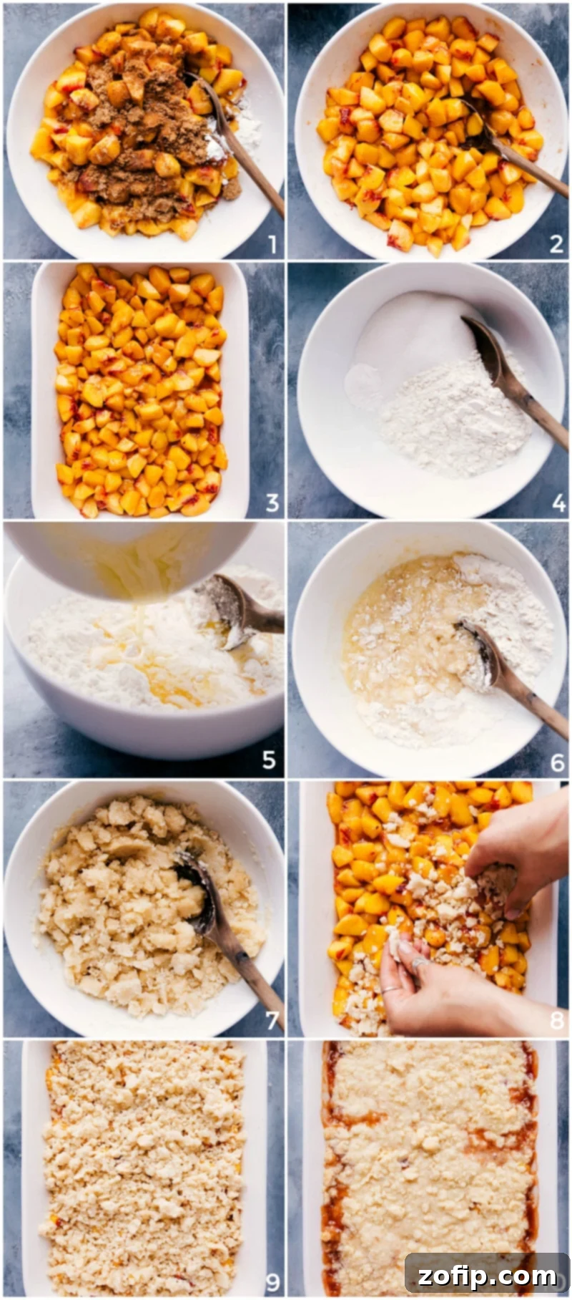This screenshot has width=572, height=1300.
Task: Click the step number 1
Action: [x=272, y=245]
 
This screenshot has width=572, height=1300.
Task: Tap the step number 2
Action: [x=556, y=245]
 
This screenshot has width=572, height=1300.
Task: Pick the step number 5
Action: [x=269, y=760]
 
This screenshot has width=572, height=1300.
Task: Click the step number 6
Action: [x=558, y=762]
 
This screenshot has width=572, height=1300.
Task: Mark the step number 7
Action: [x=272, y=1019]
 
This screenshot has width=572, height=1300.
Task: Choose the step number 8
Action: [x=557, y=1019]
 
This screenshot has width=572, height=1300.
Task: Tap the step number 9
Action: [x=272, y=1280]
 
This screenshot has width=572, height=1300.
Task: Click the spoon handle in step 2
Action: [x=536, y=172]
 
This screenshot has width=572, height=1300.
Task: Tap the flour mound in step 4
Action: [x=450, y=415]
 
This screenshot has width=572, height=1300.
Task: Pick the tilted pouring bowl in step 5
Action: [x=129, y=555]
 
